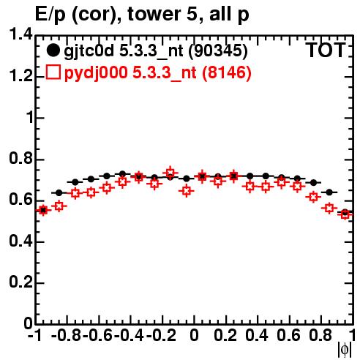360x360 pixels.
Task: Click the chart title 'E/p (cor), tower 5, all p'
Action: [142, 14]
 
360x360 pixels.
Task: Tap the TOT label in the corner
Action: [326, 50]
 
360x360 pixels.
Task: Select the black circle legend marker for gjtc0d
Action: [53, 50]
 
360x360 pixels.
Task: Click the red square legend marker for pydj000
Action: [53, 72]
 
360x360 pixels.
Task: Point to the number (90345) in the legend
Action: [218, 50]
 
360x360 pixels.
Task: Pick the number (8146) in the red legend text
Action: [227, 72]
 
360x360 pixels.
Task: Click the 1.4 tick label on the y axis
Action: [21, 34]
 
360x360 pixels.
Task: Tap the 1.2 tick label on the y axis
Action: [21, 76]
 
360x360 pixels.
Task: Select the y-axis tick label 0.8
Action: [21, 158]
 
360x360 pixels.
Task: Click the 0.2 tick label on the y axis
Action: [21, 282]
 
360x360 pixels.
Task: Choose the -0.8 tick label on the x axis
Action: [66, 335]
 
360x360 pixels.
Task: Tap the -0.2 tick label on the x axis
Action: [161, 335]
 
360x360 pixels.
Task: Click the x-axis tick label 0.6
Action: [288, 335]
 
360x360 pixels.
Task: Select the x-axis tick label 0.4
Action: [257, 335]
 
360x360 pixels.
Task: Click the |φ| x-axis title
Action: [345, 350]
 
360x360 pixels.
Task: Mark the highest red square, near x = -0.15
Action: [170, 173]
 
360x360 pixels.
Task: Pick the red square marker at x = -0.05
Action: [187, 190]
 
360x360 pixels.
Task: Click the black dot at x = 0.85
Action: [329, 192]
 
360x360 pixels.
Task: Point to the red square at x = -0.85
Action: [59, 206]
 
